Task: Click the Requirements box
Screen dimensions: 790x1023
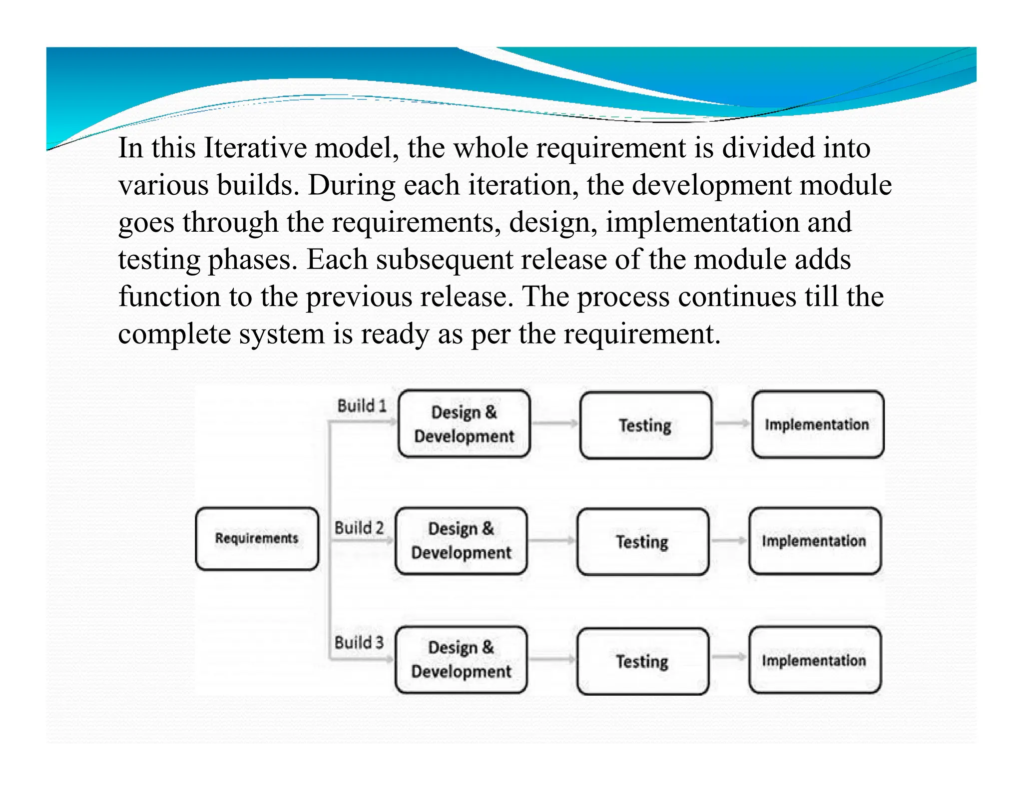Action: (257, 538)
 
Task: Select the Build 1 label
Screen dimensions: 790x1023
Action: (362, 405)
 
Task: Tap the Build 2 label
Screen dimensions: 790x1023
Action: (359, 527)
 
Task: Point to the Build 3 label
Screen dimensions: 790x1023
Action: (359, 642)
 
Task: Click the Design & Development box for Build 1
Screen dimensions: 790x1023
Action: (464, 424)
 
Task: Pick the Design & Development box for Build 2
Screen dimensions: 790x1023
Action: (461, 541)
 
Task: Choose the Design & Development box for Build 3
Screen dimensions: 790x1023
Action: (461, 660)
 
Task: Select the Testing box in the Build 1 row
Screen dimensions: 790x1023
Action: (645, 425)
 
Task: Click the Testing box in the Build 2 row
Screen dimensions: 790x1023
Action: (642, 542)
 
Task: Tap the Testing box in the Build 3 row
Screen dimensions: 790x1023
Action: (642, 661)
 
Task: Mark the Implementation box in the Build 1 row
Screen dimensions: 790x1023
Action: (817, 424)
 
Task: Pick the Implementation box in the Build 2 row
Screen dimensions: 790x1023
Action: (814, 541)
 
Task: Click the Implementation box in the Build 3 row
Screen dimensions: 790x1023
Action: (814, 660)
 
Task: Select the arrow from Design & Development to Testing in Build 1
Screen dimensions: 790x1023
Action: (555, 423)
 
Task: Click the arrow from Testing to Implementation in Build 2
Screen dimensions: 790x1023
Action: (729, 540)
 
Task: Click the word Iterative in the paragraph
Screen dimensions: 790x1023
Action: (255, 148)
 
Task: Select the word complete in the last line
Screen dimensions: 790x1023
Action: (174, 334)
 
